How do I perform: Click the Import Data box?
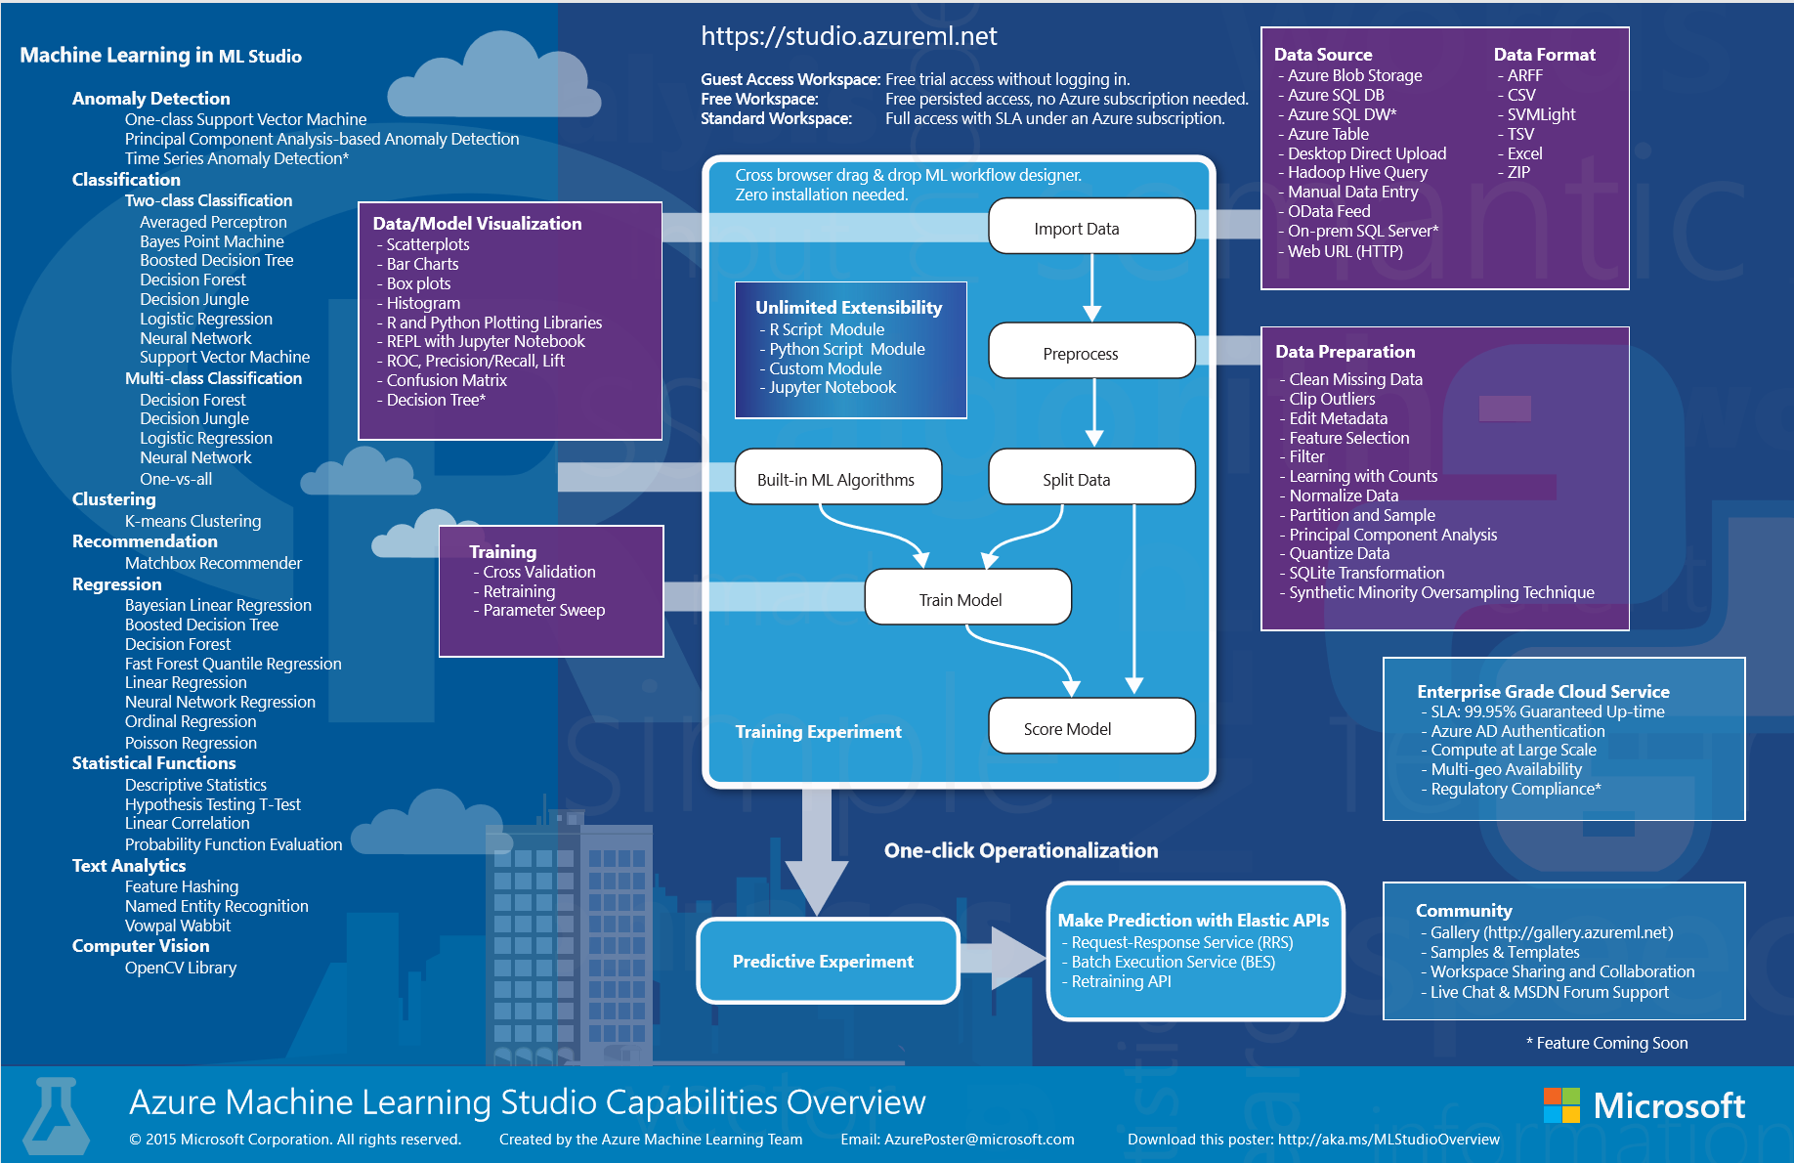tap(1091, 227)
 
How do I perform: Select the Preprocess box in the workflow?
tap(1091, 352)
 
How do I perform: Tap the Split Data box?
tap(1091, 478)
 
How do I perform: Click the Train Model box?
tap(967, 598)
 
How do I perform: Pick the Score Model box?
tap(1091, 727)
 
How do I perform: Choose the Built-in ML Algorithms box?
tap(837, 478)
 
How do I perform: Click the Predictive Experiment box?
tap(827, 961)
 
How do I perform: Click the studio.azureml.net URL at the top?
tap(848, 36)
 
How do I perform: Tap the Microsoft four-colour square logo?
tap(1560, 1105)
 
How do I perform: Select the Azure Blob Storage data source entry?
tap(1354, 75)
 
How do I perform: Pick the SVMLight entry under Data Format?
tap(1541, 114)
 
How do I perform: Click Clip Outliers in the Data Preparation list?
tap(1332, 399)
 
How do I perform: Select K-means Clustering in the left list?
tap(192, 521)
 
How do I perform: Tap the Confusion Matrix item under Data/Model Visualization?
tap(447, 380)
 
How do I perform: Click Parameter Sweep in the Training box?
tap(543, 610)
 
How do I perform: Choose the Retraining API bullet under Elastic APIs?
tap(1121, 981)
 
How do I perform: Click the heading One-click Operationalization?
tap(1020, 850)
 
